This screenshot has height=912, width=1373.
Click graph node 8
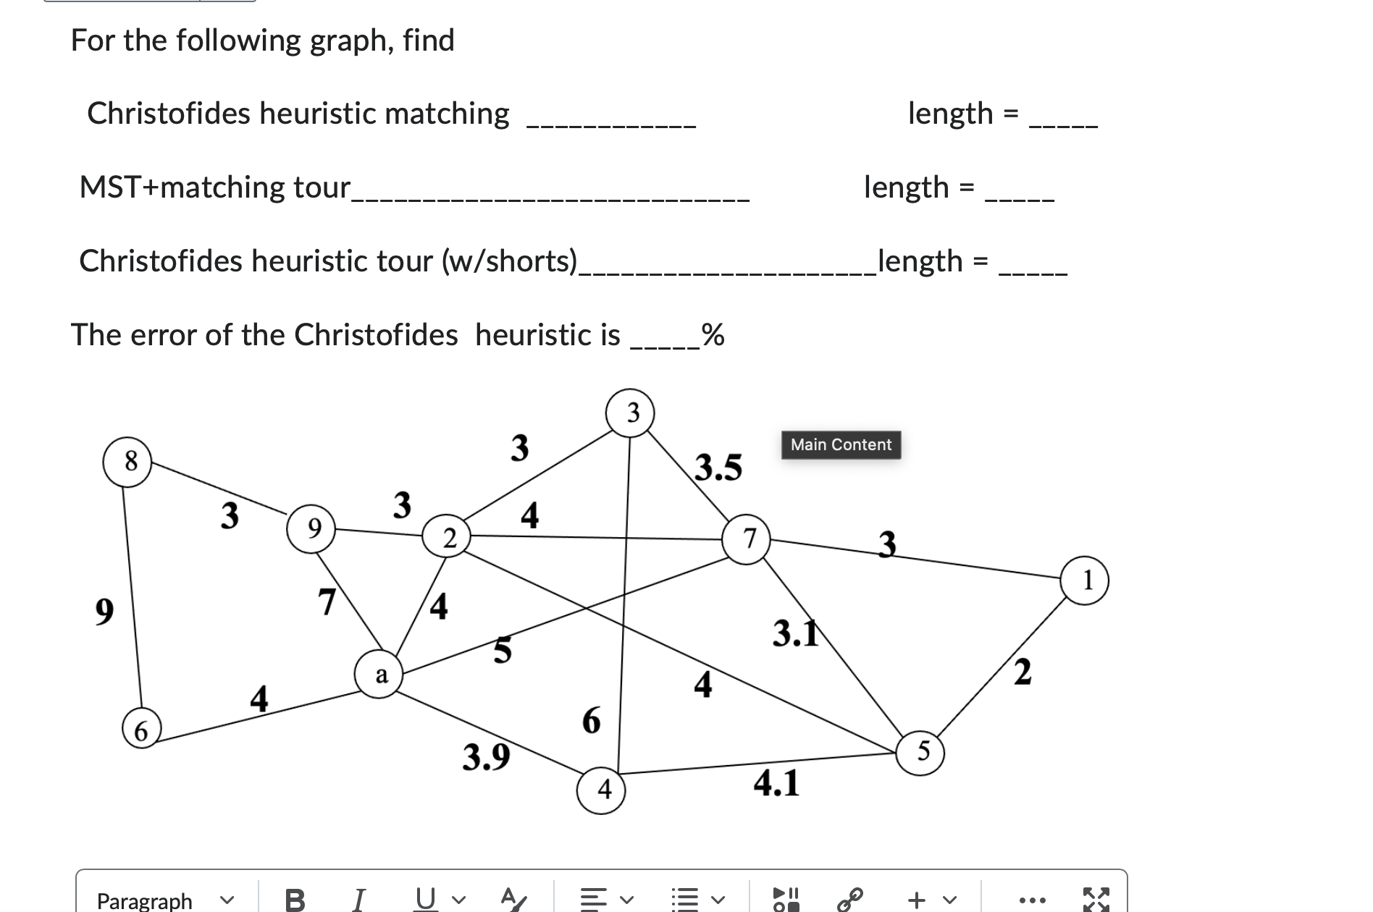[x=128, y=461]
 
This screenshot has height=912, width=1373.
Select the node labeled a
[x=379, y=675]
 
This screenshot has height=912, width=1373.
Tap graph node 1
[x=1084, y=580]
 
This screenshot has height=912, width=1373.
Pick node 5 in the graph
[x=920, y=752]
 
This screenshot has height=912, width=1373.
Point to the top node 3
[x=631, y=413]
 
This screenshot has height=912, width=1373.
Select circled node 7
[x=747, y=539]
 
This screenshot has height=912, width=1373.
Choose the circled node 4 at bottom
[x=602, y=789]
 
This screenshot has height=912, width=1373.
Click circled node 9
[x=311, y=529]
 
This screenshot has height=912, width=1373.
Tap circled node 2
[x=447, y=538]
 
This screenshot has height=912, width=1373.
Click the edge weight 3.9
[x=486, y=757]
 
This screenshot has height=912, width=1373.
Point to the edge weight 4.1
[x=776, y=783]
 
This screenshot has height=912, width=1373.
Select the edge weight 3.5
[x=718, y=468]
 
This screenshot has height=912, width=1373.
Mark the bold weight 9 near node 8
[x=105, y=612]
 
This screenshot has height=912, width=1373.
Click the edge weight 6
[x=591, y=721]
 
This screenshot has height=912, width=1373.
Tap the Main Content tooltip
[x=841, y=444]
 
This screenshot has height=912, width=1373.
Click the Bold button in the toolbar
[x=295, y=900]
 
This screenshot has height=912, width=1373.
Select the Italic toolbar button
[x=358, y=900]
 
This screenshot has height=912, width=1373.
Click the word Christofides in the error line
[x=376, y=335]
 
